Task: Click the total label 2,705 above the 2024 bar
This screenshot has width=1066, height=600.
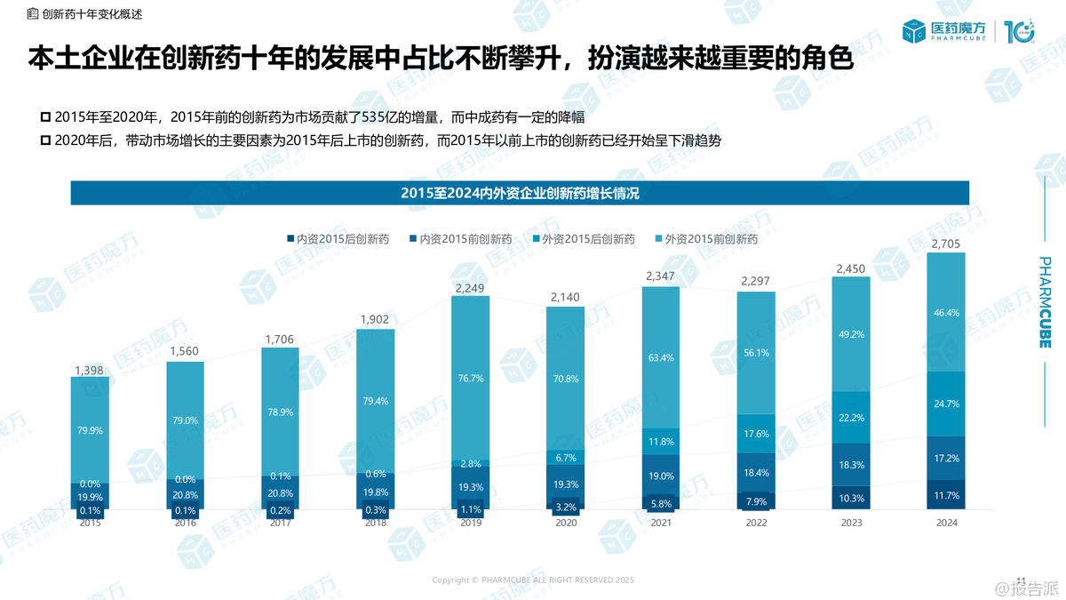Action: (x=945, y=244)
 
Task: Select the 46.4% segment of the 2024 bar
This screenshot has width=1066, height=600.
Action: (x=945, y=313)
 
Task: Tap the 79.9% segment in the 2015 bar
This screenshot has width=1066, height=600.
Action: (x=90, y=430)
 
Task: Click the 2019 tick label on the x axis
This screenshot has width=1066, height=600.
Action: (x=470, y=524)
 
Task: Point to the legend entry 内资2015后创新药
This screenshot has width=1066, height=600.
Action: (x=338, y=239)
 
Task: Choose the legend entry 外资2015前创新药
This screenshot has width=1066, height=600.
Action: (x=705, y=239)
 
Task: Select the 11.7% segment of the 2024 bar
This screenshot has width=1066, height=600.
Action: (x=945, y=495)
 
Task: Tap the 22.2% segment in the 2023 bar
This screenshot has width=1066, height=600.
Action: (x=850, y=417)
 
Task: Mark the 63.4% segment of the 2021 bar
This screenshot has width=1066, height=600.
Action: (x=660, y=358)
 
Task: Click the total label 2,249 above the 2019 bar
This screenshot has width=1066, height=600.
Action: (x=470, y=287)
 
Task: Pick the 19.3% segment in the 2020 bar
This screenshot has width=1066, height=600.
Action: (x=565, y=484)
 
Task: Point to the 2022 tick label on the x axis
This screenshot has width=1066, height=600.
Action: (x=755, y=524)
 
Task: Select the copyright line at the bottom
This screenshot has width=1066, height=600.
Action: (x=533, y=580)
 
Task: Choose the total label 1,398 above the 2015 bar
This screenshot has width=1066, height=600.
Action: (x=90, y=368)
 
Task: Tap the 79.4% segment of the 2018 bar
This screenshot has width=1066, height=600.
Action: (x=375, y=401)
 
